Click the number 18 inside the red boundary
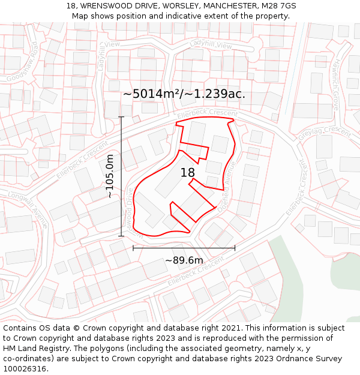187,173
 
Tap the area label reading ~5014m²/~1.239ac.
184,94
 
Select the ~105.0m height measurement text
110,176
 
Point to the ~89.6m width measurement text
184,260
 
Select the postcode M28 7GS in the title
279,6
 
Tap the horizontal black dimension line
184,247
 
